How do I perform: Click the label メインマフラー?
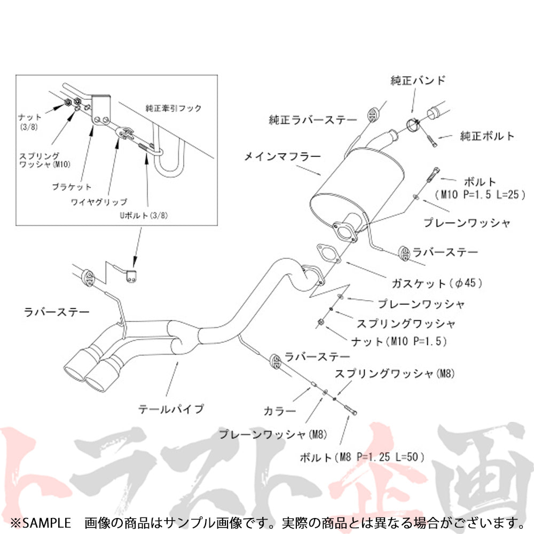pyautogui.click(x=282, y=156)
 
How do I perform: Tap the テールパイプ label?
pyautogui.click(x=171, y=409)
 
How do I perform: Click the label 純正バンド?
pyautogui.click(x=425, y=81)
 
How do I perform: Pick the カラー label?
pyautogui.click(x=279, y=411)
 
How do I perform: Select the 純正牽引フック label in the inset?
pyautogui.click(x=174, y=108)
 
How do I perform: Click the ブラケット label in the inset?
pyautogui.click(x=72, y=187)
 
